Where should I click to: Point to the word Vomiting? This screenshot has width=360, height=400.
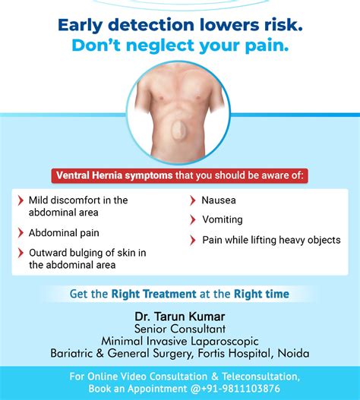pos(222,220)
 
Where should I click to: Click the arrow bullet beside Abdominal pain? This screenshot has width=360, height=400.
pos(20,233)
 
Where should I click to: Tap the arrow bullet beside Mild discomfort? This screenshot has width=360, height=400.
pos(20,200)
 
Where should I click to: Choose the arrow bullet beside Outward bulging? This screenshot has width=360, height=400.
pos(20,253)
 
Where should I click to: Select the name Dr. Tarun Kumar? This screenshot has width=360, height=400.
pos(179,314)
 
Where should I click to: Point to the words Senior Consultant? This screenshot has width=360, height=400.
pos(179,328)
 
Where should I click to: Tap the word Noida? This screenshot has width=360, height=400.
pos(293,353)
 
